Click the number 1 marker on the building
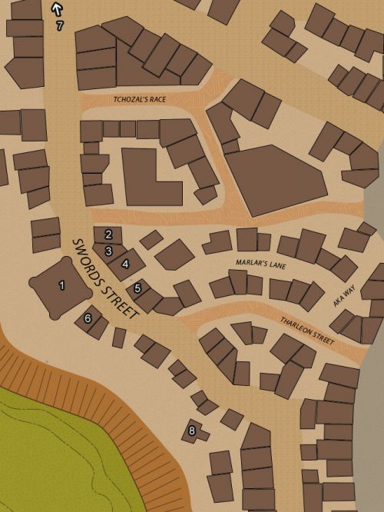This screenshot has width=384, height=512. pos(62,285)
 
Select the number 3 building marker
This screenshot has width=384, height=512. pos(109,251)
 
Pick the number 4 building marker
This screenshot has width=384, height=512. pos(125,264)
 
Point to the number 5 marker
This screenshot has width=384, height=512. pos(137,289)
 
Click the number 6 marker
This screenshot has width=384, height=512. pos(88,318)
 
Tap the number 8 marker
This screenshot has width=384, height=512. pos(192,431)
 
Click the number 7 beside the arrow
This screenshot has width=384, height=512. pos(61,25)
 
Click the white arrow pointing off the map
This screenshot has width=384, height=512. pos(56,8)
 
